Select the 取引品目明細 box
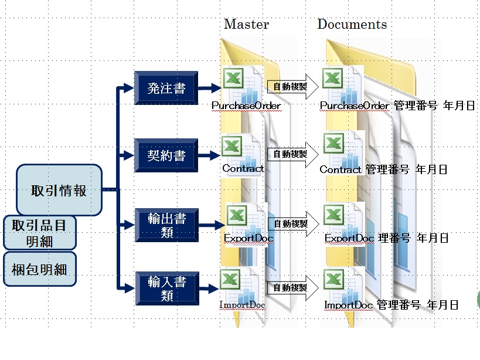pyautogui.click(x=40, y=233)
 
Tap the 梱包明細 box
pyautogui.click(x=40, y=269)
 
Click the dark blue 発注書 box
pyautogui.click(x=166, y=89)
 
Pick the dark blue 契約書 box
pyautogui.click(x=166, y=157)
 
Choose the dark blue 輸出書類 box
pyautogui.click(x=166, y=225)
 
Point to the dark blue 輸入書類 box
pyautogui.click(x=166, y=288)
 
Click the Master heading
pyautogui.click(x=246, y=25)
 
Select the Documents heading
pyautogui.click(x=352, y=25)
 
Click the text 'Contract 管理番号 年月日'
pyautogui.click(x=383, y=169)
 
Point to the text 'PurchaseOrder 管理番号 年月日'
pyautogui.click(x=397, y=106)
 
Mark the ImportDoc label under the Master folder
pyautogui.click(x=242, y=305)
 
